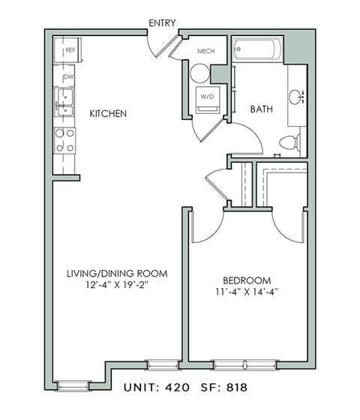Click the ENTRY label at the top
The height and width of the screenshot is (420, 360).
pos(162,23)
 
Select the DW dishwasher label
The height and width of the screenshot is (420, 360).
pos(67,77)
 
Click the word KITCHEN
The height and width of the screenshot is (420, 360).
pos(107,114)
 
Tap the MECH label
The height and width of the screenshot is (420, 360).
pos(206,52)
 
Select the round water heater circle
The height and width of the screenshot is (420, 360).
pos(199,73)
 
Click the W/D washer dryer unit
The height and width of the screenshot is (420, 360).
pos(207,98)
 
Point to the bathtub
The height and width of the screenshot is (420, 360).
pos(257,51)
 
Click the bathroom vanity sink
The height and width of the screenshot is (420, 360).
pos(295,95)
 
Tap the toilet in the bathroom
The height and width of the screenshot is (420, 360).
pos(289,142)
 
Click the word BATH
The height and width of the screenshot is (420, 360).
pos(261,109)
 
